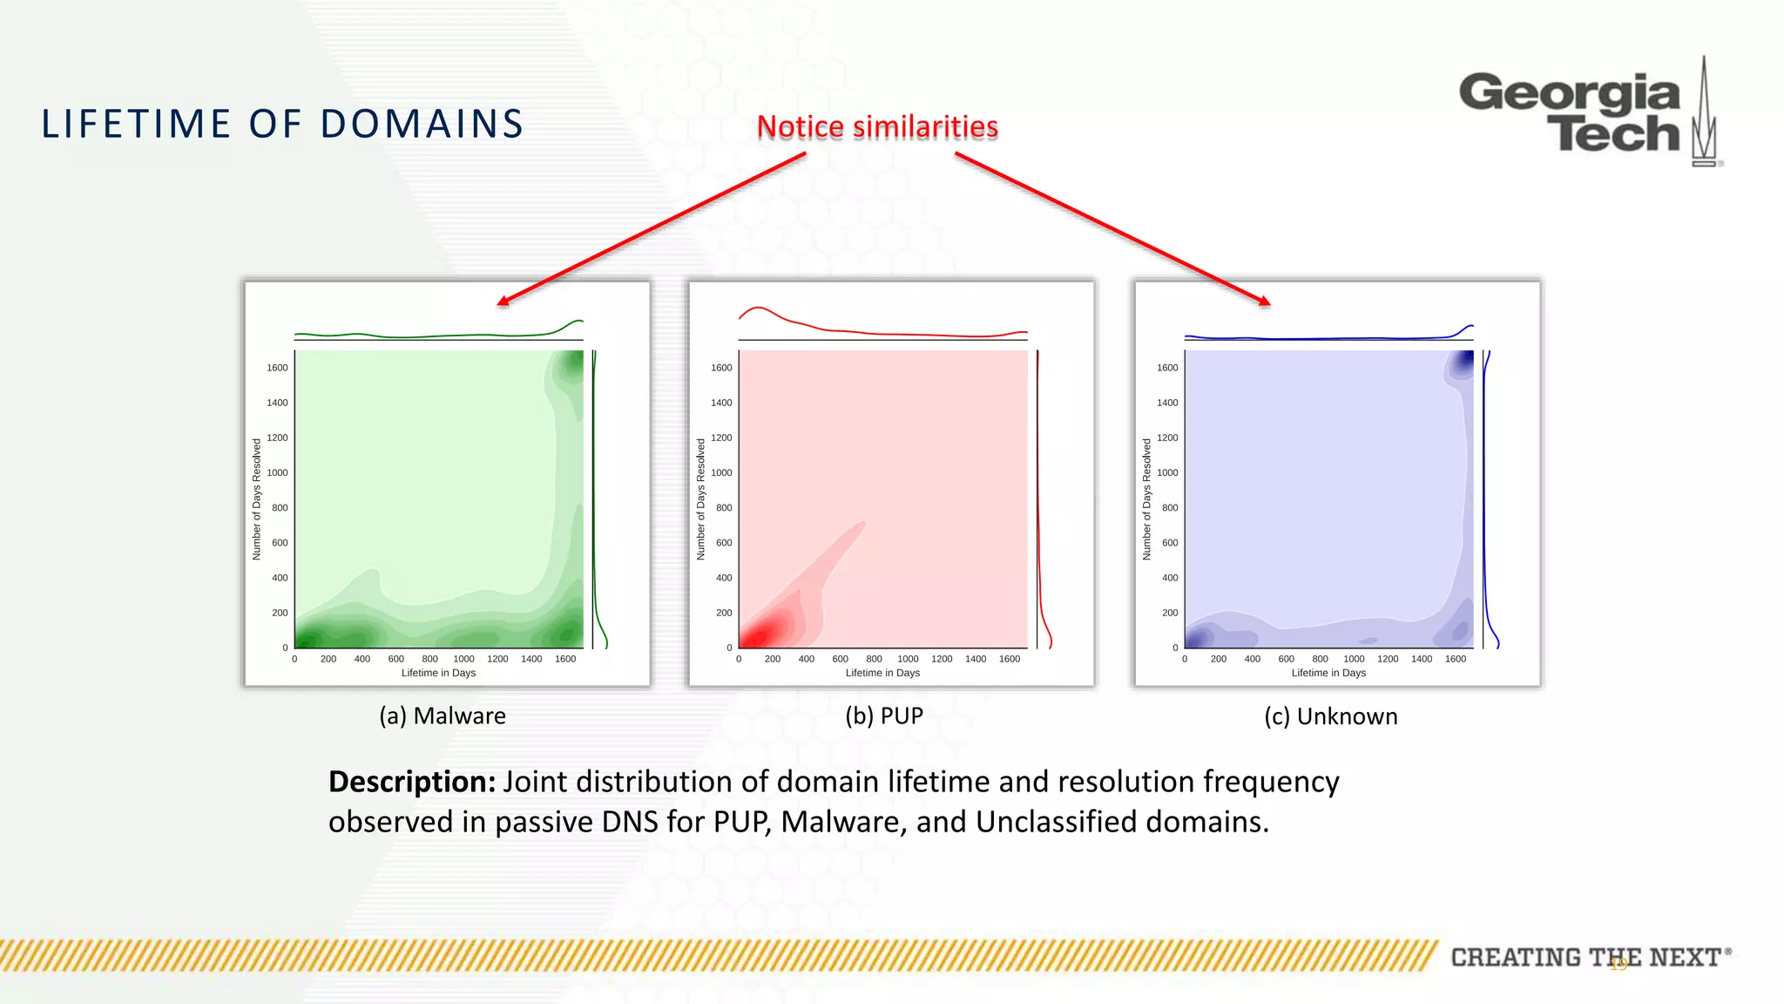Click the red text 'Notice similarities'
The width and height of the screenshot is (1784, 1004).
tap(877, 127)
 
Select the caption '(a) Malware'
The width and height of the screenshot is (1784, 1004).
tap(442, 716)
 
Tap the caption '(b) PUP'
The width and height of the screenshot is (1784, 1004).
tap(883, 716)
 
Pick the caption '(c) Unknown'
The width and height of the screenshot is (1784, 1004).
tap(1330, 716)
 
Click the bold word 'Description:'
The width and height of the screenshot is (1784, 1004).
tap(411, 782)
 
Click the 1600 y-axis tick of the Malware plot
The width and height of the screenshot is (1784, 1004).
tap(277, 368)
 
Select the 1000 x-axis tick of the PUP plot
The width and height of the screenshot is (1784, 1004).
tap(908, 659)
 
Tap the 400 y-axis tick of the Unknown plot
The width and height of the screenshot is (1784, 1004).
tap(1170, 578)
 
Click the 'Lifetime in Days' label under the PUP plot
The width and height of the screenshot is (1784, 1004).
tap(882, 673)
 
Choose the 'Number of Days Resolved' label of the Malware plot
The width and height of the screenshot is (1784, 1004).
tap(256, 499)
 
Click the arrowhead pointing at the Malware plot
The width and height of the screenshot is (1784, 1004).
tap(503, 302)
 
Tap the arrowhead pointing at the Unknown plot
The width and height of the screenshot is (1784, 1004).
tap(1265, 302)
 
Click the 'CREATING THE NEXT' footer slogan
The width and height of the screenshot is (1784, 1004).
tap(1585, 957)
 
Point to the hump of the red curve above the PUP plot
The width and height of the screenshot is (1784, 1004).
tap(760, 309)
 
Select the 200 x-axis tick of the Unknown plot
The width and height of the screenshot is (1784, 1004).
tap(1218, 659)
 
